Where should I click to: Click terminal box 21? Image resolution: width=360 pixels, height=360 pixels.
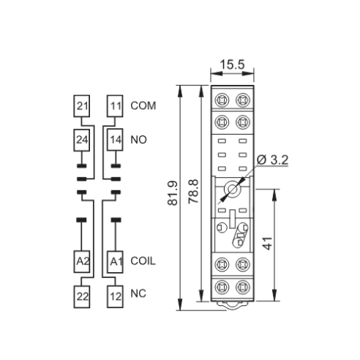(x=82, y=106)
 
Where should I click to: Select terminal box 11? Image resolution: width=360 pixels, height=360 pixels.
(x=115, y=106)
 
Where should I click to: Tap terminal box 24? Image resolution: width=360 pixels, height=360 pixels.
(x=82, y=140)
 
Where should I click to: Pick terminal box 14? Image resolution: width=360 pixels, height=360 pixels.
(x=115, y=140)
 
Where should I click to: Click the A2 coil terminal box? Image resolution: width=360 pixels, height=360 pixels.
(x=82, y=261)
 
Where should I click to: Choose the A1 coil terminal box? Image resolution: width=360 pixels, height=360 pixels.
(x=115, y=261)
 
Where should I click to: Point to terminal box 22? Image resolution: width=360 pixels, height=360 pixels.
(x=82, y=296)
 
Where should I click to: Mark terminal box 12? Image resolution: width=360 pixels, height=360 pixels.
(x=115, y=296)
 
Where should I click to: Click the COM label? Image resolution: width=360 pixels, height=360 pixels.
(x=143, y=105)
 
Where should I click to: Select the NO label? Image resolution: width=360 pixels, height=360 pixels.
(x=138, y=140)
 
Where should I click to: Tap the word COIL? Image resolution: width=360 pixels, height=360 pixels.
(x=143, y=261)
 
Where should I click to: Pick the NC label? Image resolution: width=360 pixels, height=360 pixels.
(x=138, y=293)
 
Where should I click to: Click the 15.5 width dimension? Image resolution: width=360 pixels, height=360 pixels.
(x=232, y=64)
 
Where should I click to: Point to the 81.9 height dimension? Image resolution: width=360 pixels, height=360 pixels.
(x=173, y=193)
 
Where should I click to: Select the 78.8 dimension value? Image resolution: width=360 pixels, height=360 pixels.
(x=194, y=192)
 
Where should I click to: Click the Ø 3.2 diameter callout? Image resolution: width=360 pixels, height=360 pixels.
(x=273, y=160)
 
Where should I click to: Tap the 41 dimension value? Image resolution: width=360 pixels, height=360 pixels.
(x=268, y=244)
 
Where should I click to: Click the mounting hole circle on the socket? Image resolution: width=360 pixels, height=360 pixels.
(x=233, y=189)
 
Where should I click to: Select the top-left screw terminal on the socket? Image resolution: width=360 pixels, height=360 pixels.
(x=222, y=100)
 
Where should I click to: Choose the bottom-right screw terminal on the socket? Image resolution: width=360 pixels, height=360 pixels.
(x=243, y=287)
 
